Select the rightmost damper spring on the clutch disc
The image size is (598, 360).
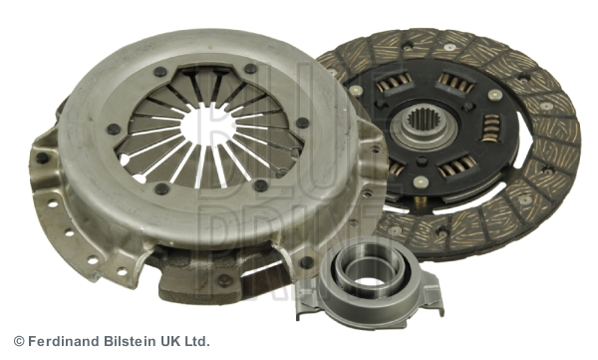pyautogui.click(x=491, y=129)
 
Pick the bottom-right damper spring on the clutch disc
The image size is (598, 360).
pyautogui.click(x=456, y=167)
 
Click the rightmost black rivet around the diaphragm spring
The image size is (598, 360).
pyautogui.click(x=302, y=123)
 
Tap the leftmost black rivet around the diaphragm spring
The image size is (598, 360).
pyautogui.click(x=114, y=129)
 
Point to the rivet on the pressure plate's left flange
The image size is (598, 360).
pyautogui.click(x=42, y=158)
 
